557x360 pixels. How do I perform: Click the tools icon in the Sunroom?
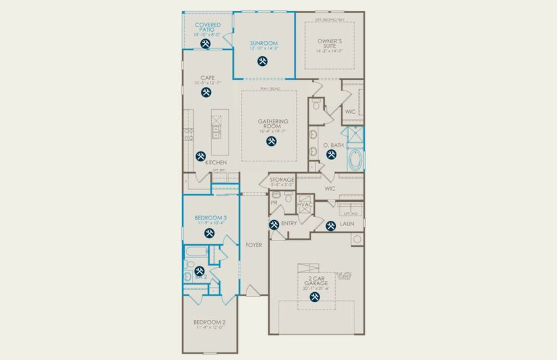point(263,61)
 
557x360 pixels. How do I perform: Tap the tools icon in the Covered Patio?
point(207,44)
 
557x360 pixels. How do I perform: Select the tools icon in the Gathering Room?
point(270,142)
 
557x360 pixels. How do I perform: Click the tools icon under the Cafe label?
point(207,92)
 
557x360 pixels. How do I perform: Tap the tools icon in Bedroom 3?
point(210,233)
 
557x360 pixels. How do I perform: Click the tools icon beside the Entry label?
point(274,225)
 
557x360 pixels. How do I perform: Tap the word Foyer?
point(254,245)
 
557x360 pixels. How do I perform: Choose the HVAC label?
point(305,205)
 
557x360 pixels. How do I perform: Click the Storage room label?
point(282,179)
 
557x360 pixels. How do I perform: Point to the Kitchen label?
point(216,163)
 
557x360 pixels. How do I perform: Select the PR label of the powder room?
point(274,203)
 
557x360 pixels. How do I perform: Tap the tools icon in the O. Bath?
point(331,154)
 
